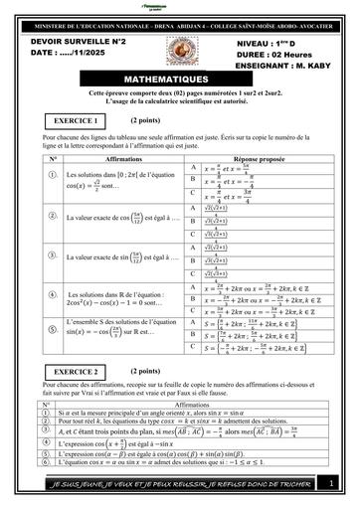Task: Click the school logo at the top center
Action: [x=180, y=7]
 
